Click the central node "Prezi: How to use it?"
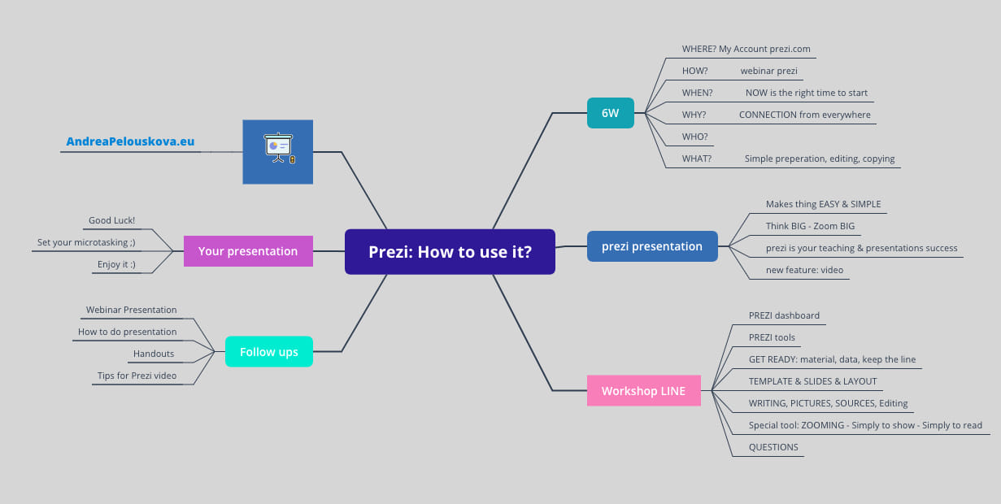450,252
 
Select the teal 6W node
610,113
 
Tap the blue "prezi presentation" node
652,246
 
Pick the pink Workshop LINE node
643,391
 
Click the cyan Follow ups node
268,352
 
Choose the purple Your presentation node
248,251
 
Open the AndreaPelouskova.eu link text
130,141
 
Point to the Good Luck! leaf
111,220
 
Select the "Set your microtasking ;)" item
86,242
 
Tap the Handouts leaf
154,354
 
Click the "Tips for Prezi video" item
137,376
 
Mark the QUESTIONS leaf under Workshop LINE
773,447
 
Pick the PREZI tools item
772,337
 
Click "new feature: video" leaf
804,270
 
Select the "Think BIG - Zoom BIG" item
810,226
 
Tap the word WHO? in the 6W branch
694,137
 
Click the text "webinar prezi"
768,71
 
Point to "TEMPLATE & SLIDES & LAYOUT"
812,381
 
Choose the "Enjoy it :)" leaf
115,264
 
